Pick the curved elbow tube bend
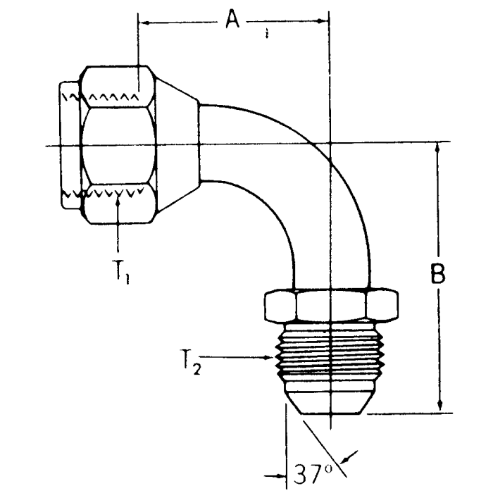(296, 176)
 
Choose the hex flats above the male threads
(331, 306)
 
